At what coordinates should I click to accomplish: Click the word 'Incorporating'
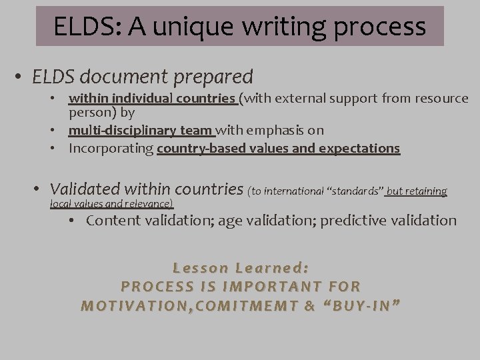111,148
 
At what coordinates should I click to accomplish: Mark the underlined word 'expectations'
359,148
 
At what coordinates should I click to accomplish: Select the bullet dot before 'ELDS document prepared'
21,77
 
